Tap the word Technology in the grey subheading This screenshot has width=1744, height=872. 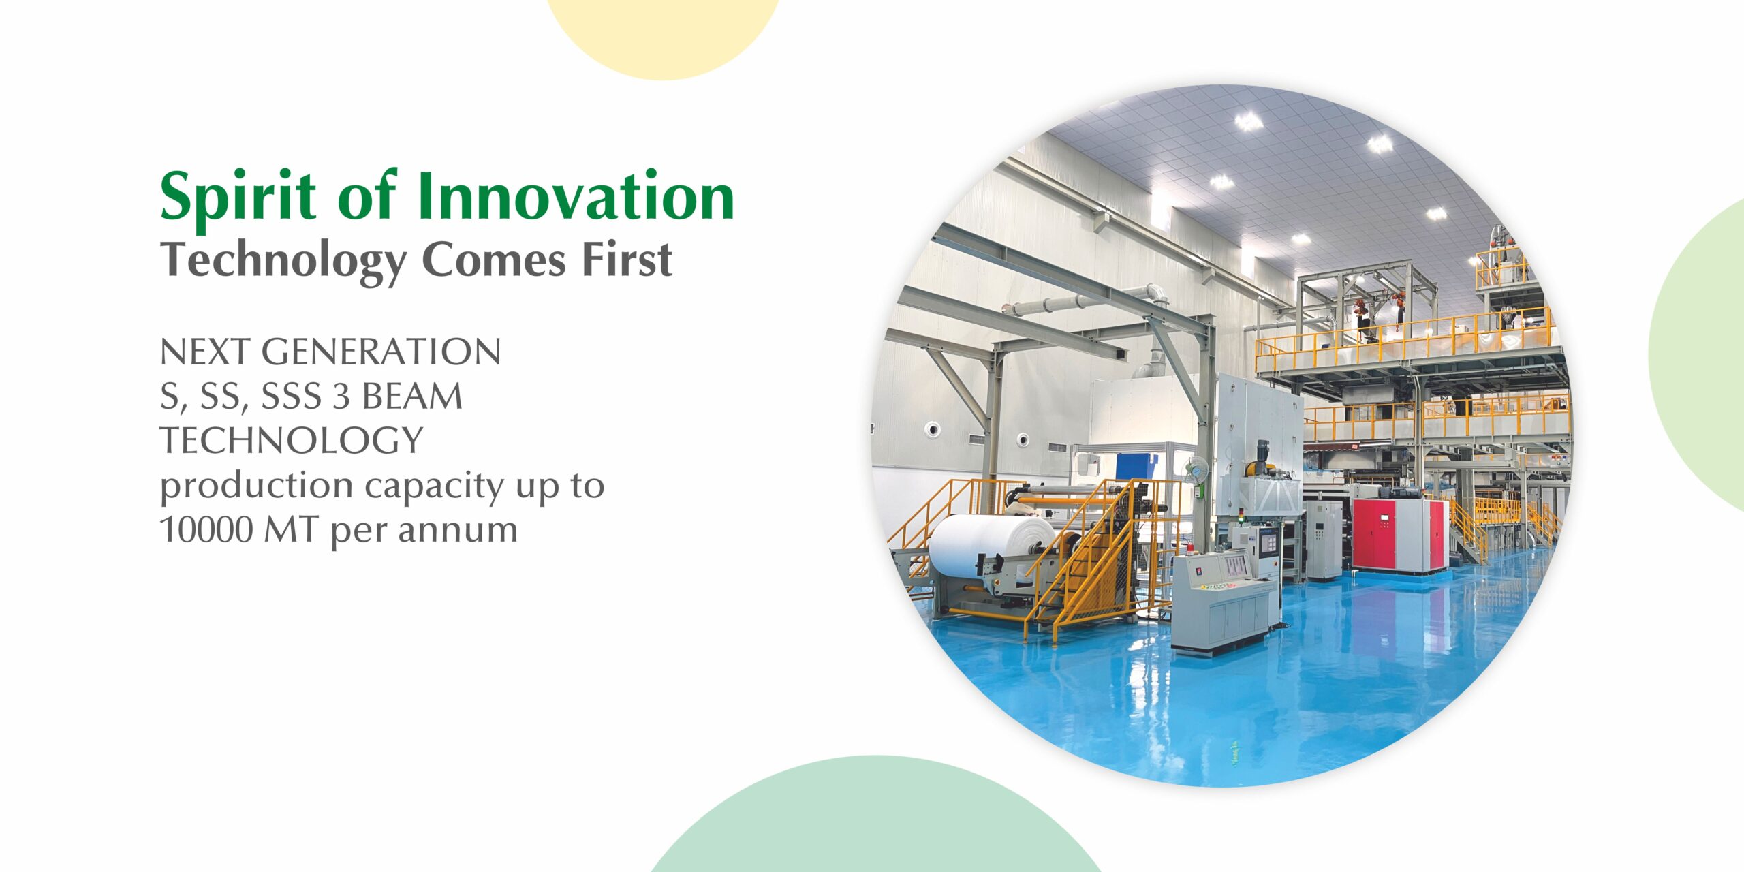click(283, 262)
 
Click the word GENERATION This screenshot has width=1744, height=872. click(381, 352)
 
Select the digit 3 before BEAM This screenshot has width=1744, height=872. click(340, 396)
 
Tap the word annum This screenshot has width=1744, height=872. click(458, 531)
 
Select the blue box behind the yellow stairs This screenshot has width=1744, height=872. click(1136, 467)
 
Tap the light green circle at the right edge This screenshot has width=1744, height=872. click(1696, 354)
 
